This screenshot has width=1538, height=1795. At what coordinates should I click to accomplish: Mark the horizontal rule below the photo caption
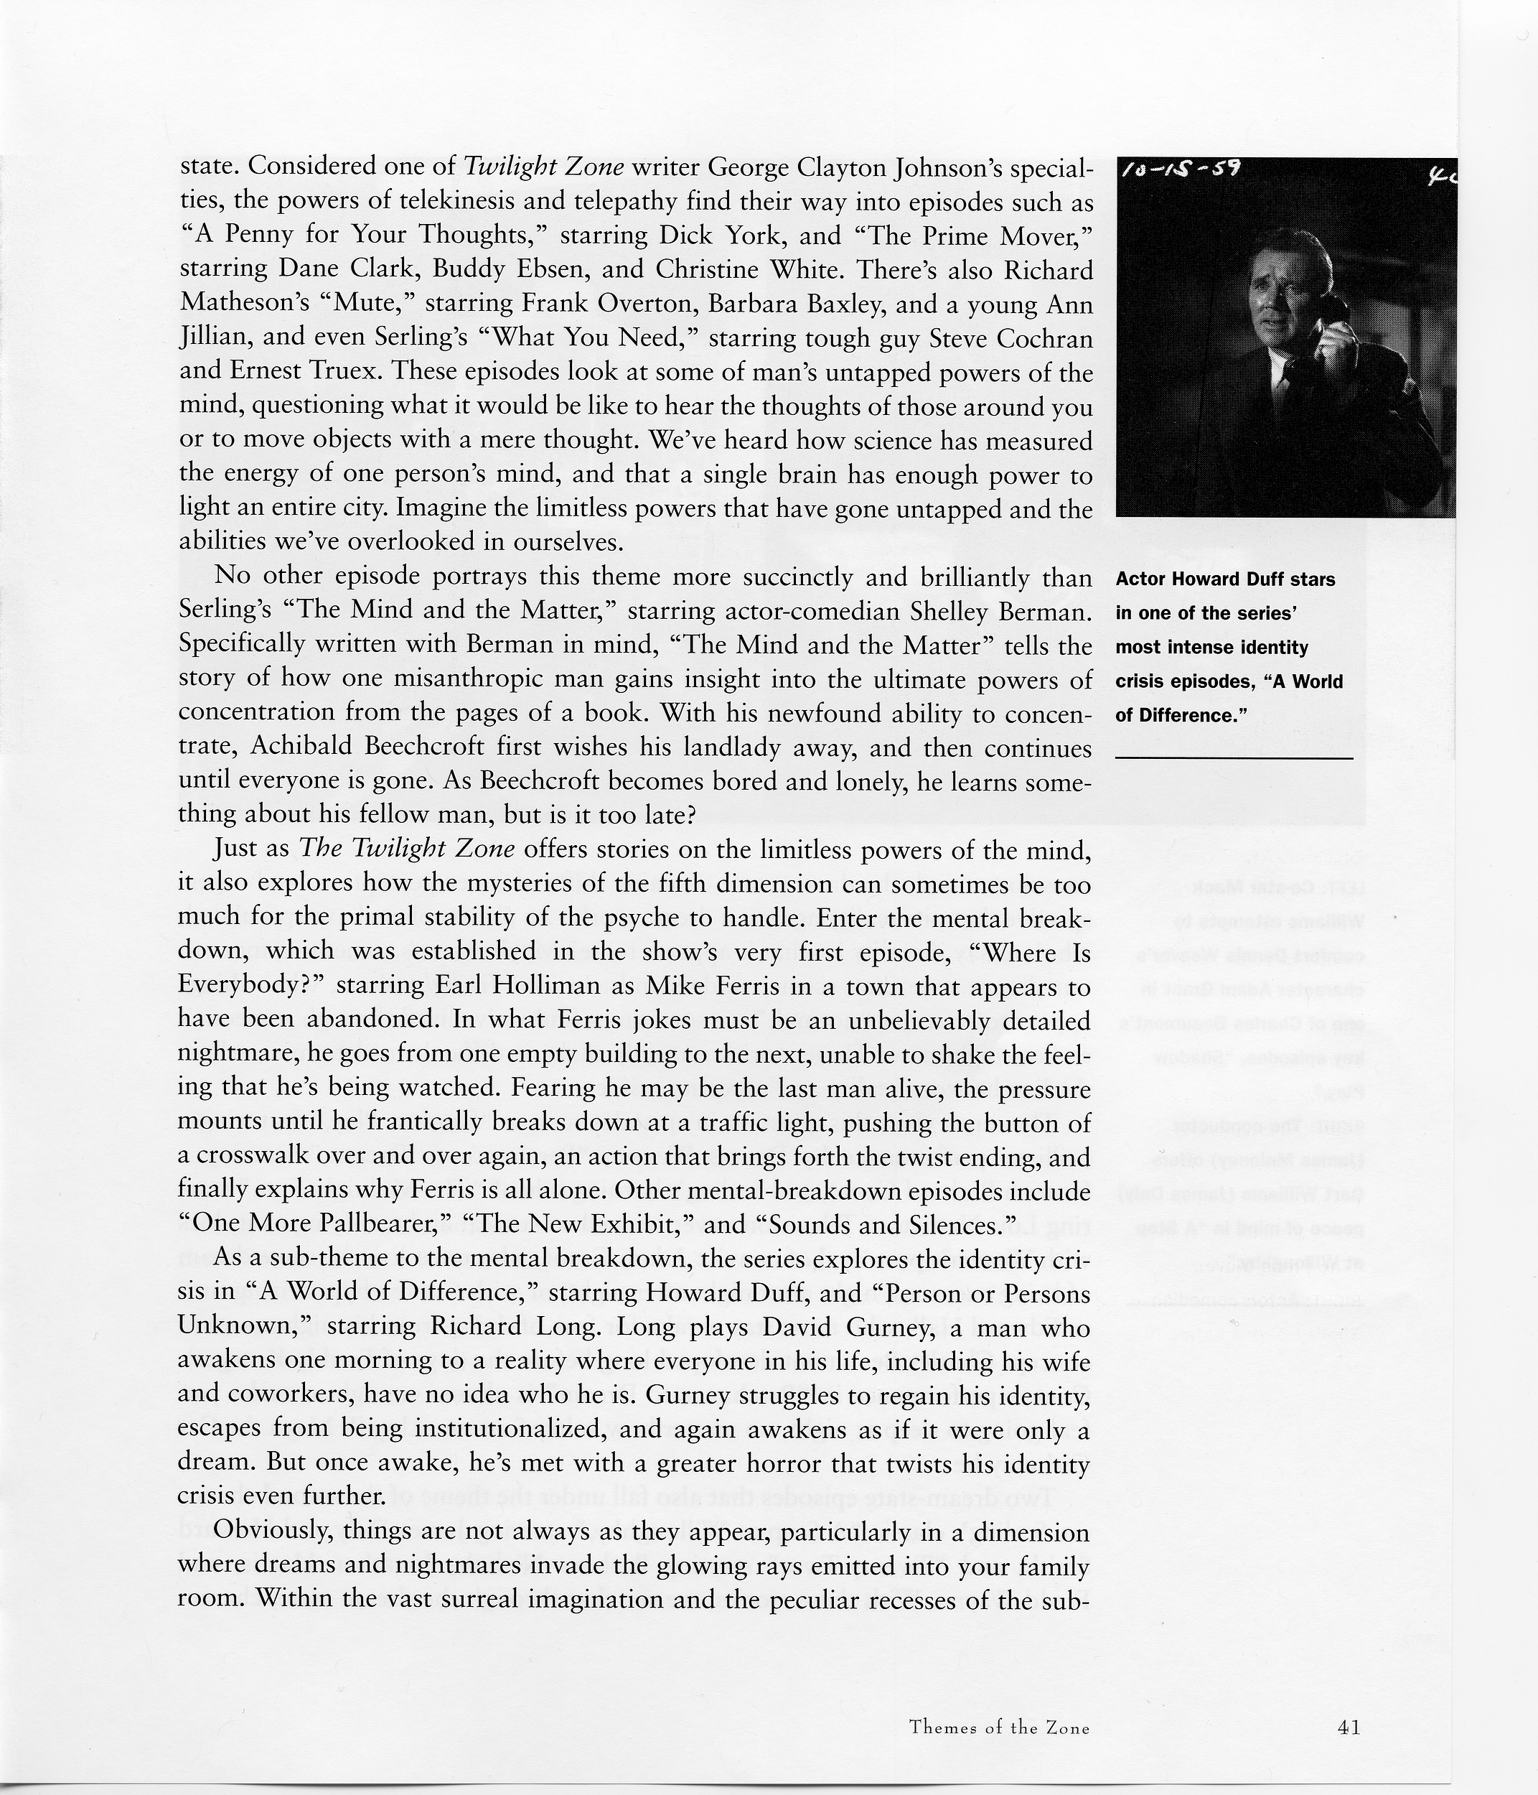click(1233, 758)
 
